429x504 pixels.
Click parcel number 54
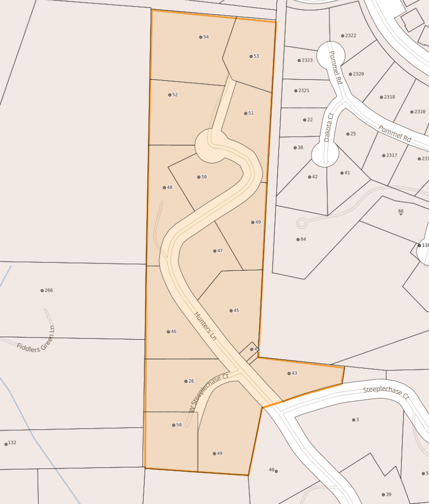[x=206, y=37]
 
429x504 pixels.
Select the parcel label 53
[x=256, y=56]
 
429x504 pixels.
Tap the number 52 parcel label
[x=175, y=95]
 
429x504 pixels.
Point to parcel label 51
[x=251, y=113]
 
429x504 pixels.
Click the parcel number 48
[x=169, y=187]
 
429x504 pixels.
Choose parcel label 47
[x=220, y=251]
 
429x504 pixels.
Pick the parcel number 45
[x=236, y=310]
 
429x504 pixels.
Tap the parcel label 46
[x=173, y=332]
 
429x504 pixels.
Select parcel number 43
[x=294, y=373]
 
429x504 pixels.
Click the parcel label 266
[x=49, y=291]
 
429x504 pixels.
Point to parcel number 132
[x=12, y=443]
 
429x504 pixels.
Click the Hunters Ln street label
[x=206, y=326]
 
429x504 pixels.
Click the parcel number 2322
[x=350, y=36]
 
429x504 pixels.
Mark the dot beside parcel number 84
[x=298, y=240]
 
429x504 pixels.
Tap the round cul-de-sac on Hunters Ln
[x=212, y=145]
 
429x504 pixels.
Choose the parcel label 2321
[x=304, y=91]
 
